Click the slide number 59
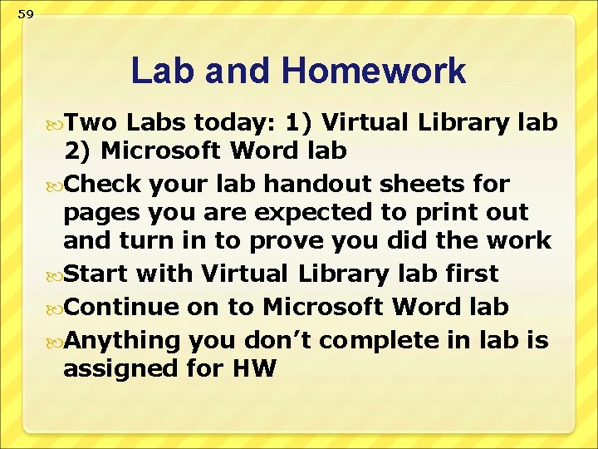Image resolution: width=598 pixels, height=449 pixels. click(27, 14)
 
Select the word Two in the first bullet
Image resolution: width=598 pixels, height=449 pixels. click(92, 122)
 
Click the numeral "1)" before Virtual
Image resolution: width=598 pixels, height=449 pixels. click(298, 122)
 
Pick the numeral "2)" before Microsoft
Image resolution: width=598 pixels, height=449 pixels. click(79, 150)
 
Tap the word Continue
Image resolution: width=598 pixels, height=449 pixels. click(121, 306)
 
